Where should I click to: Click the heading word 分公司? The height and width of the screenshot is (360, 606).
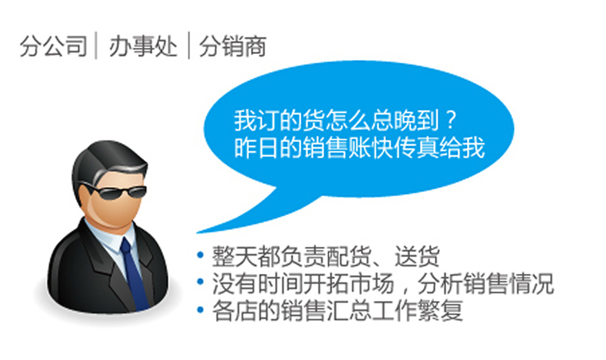pos(53,46)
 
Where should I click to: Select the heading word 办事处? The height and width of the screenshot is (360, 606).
pos(143,46)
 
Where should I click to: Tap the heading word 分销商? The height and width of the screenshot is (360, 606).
pos(232,46)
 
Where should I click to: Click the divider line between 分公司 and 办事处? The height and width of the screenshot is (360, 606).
pos(96,46)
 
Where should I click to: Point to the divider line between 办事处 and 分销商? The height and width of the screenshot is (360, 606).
pos(189,46)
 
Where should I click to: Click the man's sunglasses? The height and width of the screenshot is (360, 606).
pos(116,190)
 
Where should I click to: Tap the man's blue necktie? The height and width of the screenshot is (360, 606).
pos(134,273)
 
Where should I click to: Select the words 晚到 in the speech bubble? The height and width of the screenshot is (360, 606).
pos(416,120)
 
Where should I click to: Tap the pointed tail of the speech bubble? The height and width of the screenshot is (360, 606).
pos(198,233)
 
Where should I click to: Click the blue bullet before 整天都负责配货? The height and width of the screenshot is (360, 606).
pos(200,255)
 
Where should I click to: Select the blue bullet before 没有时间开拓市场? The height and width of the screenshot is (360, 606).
pos(200,282)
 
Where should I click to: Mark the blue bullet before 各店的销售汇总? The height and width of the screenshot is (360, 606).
pos(200,309)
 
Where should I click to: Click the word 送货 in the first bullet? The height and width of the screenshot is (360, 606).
pos(416,256)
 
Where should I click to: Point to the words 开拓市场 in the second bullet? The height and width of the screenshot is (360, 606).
pos(348,283)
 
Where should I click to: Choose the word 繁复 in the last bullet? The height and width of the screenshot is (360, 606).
pos(439,311)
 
